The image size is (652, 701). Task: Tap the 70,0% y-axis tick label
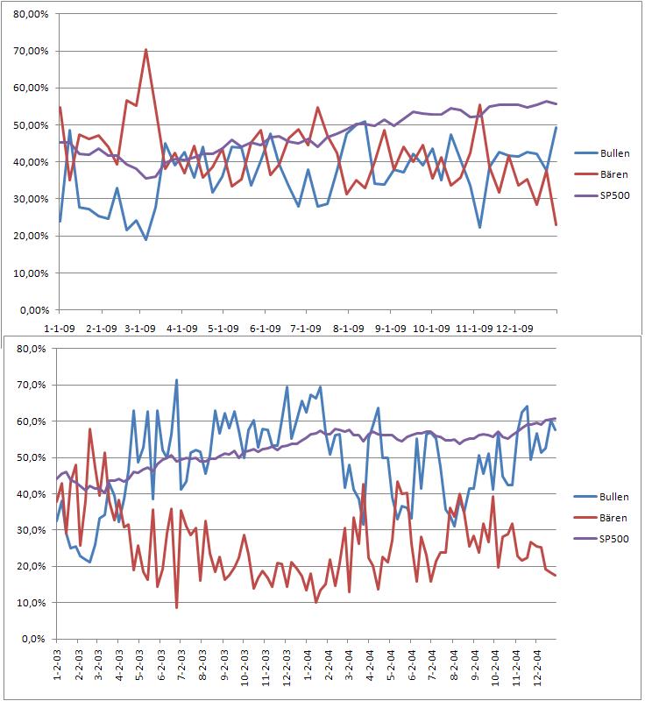[32, 385]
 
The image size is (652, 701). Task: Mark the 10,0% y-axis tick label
[32, 603]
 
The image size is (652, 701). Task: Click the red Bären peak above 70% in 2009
[145, 50]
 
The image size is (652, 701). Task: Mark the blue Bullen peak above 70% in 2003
[176, 380]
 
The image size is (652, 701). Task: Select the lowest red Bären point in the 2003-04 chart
[176, 607]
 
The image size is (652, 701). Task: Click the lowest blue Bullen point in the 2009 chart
[145, 239]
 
